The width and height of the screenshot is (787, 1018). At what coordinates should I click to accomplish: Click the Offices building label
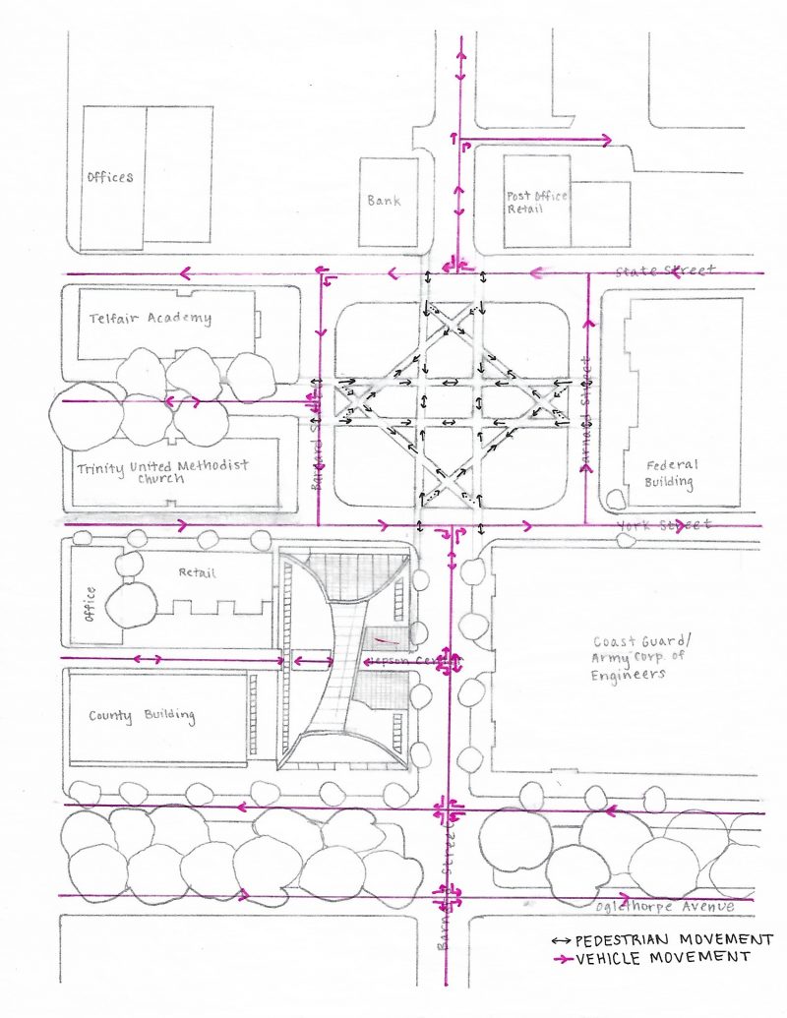point(109,178)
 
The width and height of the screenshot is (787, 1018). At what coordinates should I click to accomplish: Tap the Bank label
point(384,201)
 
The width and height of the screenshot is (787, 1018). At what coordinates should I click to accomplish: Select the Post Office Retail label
point(537,203)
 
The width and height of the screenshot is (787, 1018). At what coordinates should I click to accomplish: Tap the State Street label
point(666,270)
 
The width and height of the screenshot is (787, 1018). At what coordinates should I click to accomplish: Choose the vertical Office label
point(91,604)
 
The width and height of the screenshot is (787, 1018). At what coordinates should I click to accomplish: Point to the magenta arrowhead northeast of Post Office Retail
point(607,141)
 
